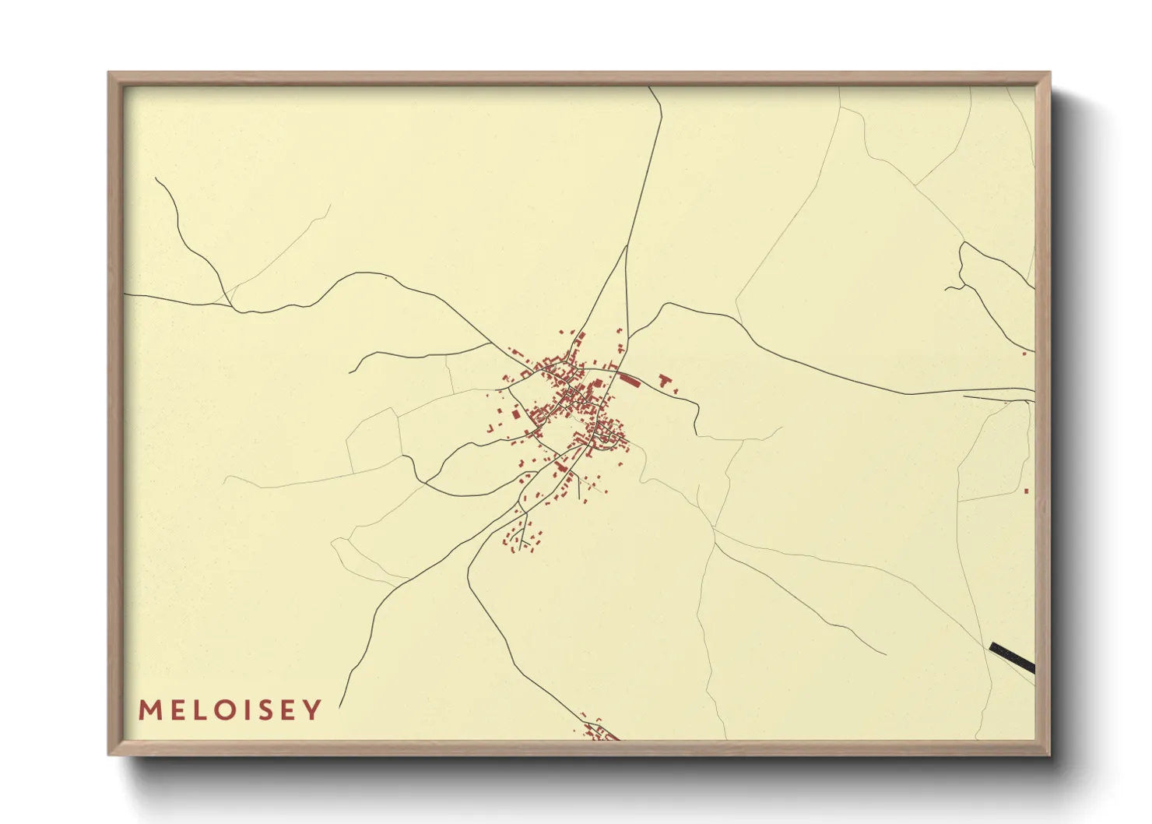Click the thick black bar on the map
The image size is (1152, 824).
point(1013,657)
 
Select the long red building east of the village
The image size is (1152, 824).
point(629,380)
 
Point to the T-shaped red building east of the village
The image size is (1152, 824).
point(664,380)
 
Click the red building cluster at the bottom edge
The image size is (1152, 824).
point(600,731)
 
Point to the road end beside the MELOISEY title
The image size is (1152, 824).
point(341,705)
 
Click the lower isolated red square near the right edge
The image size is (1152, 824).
point(1027,491)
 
